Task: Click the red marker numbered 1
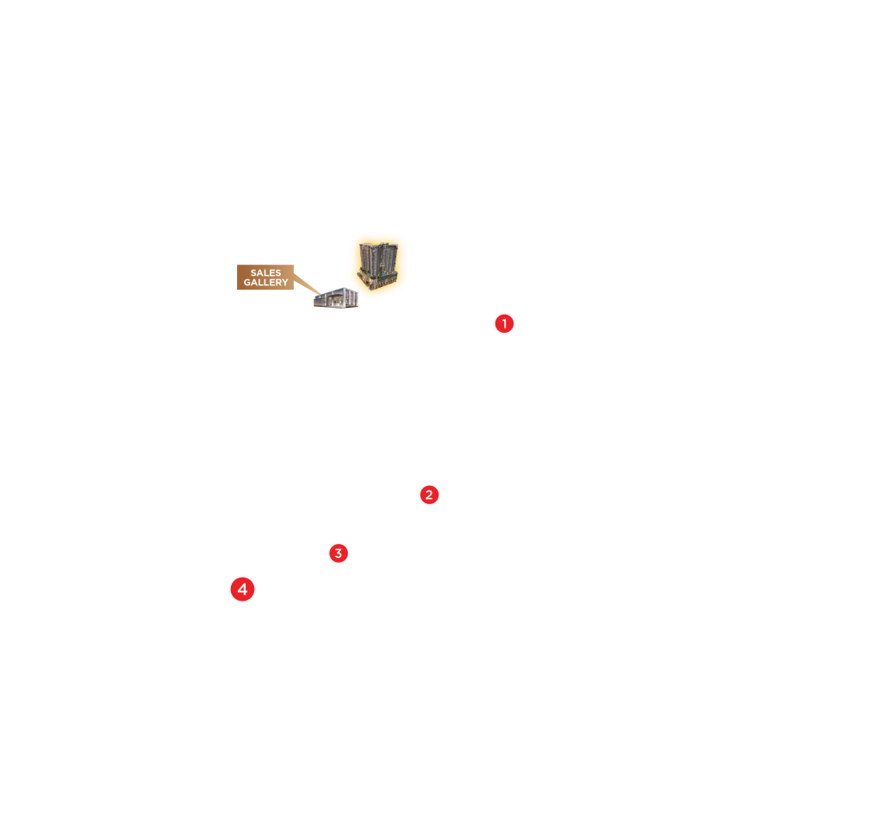[504, 324]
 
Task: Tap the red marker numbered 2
[429, 495]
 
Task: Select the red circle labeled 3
[339, 553]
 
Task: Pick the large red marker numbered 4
[243, 590]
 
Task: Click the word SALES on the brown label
[265, 273]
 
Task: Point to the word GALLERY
[265, 283]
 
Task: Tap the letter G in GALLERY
[247, 283]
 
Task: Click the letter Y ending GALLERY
[285, 283]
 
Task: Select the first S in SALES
[253, 273]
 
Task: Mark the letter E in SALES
[271, 273]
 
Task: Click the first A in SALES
[259, 273]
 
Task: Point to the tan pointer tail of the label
[306, 284]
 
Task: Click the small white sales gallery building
[335, 298]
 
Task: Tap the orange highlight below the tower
[380, 294]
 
